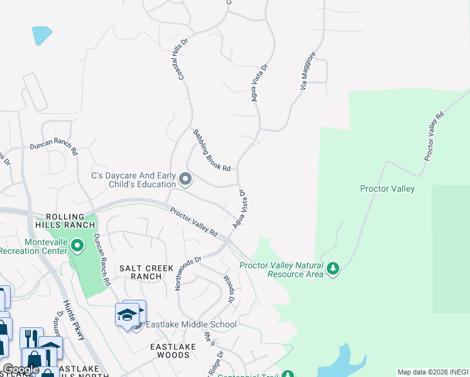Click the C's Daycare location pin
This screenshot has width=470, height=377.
[x=185, y=180]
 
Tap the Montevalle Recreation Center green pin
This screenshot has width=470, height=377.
[x=77, y=245]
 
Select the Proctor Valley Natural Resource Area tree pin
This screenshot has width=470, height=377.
[x=333, y=269]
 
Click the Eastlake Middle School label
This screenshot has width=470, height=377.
[x=191, y=324]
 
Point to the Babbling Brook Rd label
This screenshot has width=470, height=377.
[x=212, y=150]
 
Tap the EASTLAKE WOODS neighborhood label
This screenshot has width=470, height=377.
[x=170, y=351]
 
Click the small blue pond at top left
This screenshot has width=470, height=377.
[x=41, y=35]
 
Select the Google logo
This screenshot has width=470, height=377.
[x=21, y=369]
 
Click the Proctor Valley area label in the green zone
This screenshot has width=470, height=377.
[x=387, y=188]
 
